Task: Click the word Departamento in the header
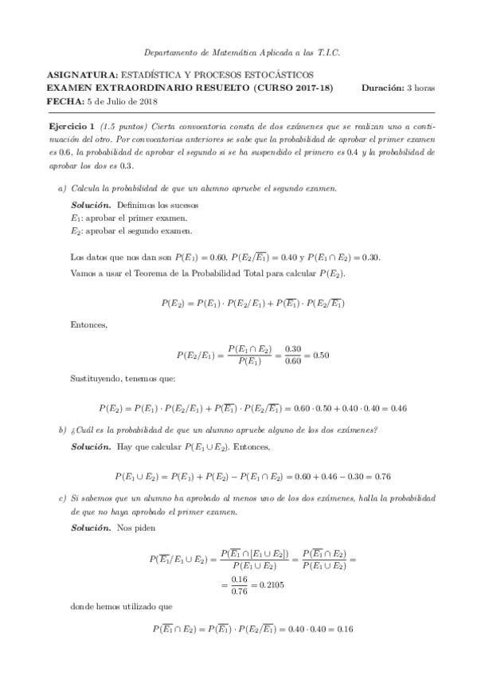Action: [x=166, y=52]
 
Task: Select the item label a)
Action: [x=62, y=188]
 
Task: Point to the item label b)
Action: [x=62, y=430]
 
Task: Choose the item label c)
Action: [x=62, y=499]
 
